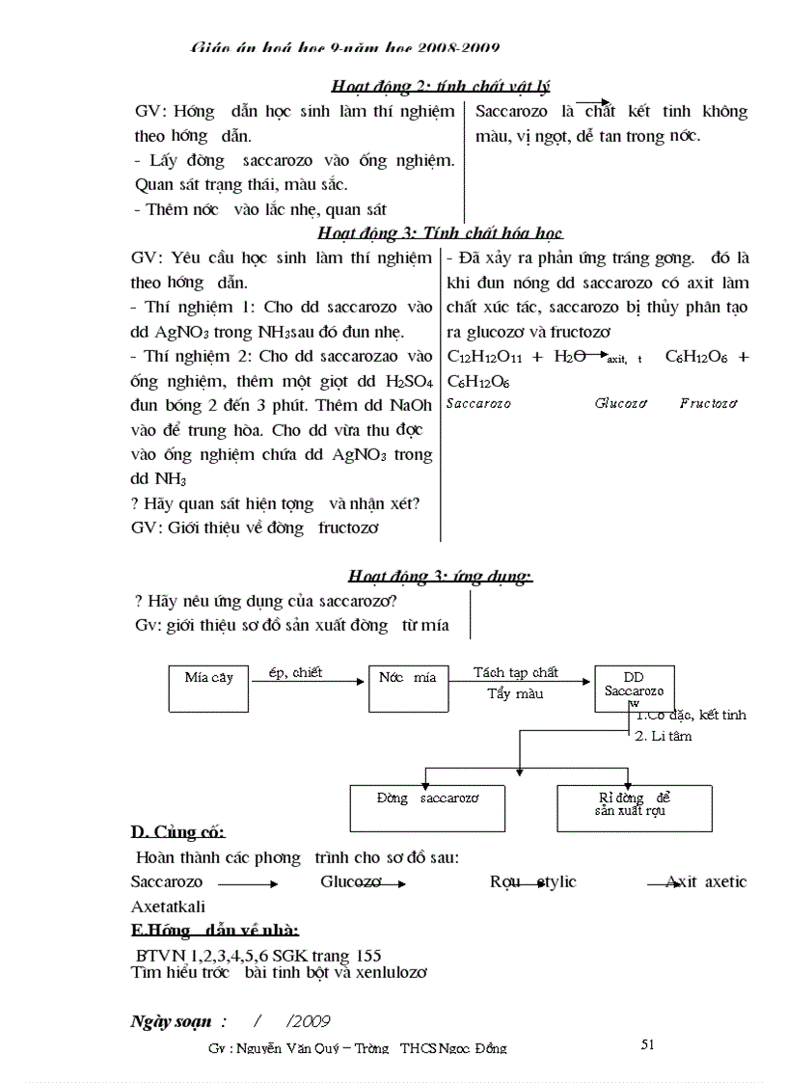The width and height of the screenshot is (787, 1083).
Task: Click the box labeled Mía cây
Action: [x=208, y=689]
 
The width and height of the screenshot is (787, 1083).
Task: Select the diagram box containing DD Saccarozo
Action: [x=633, y=689]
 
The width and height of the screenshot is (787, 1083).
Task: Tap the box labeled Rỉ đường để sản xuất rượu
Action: [x=634, y=807]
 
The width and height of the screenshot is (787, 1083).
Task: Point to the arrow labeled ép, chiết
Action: [x=309, y=681]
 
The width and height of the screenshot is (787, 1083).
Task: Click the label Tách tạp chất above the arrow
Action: [x=515, y=672]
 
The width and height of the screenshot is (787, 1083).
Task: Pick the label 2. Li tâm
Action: [x=663, y=736]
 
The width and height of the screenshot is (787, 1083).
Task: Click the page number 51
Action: [x=647, y=1043]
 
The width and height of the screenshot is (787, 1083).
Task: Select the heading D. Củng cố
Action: [x=177, y=831]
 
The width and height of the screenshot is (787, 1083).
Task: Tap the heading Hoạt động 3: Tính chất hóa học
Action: [x=440, y=233]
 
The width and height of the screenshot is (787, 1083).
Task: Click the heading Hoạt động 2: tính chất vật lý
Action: [x=440, y=87]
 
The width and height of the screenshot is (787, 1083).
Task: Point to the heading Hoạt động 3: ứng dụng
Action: [x=440, y=577]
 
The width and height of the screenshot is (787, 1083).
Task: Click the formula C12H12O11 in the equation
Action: [x=485, y=357]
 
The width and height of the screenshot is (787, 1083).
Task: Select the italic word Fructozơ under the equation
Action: [x=708, y=403]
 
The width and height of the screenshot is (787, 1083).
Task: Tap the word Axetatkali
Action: [x=168, y=907]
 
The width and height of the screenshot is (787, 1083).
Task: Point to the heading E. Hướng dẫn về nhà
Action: [x=214, y=931]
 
